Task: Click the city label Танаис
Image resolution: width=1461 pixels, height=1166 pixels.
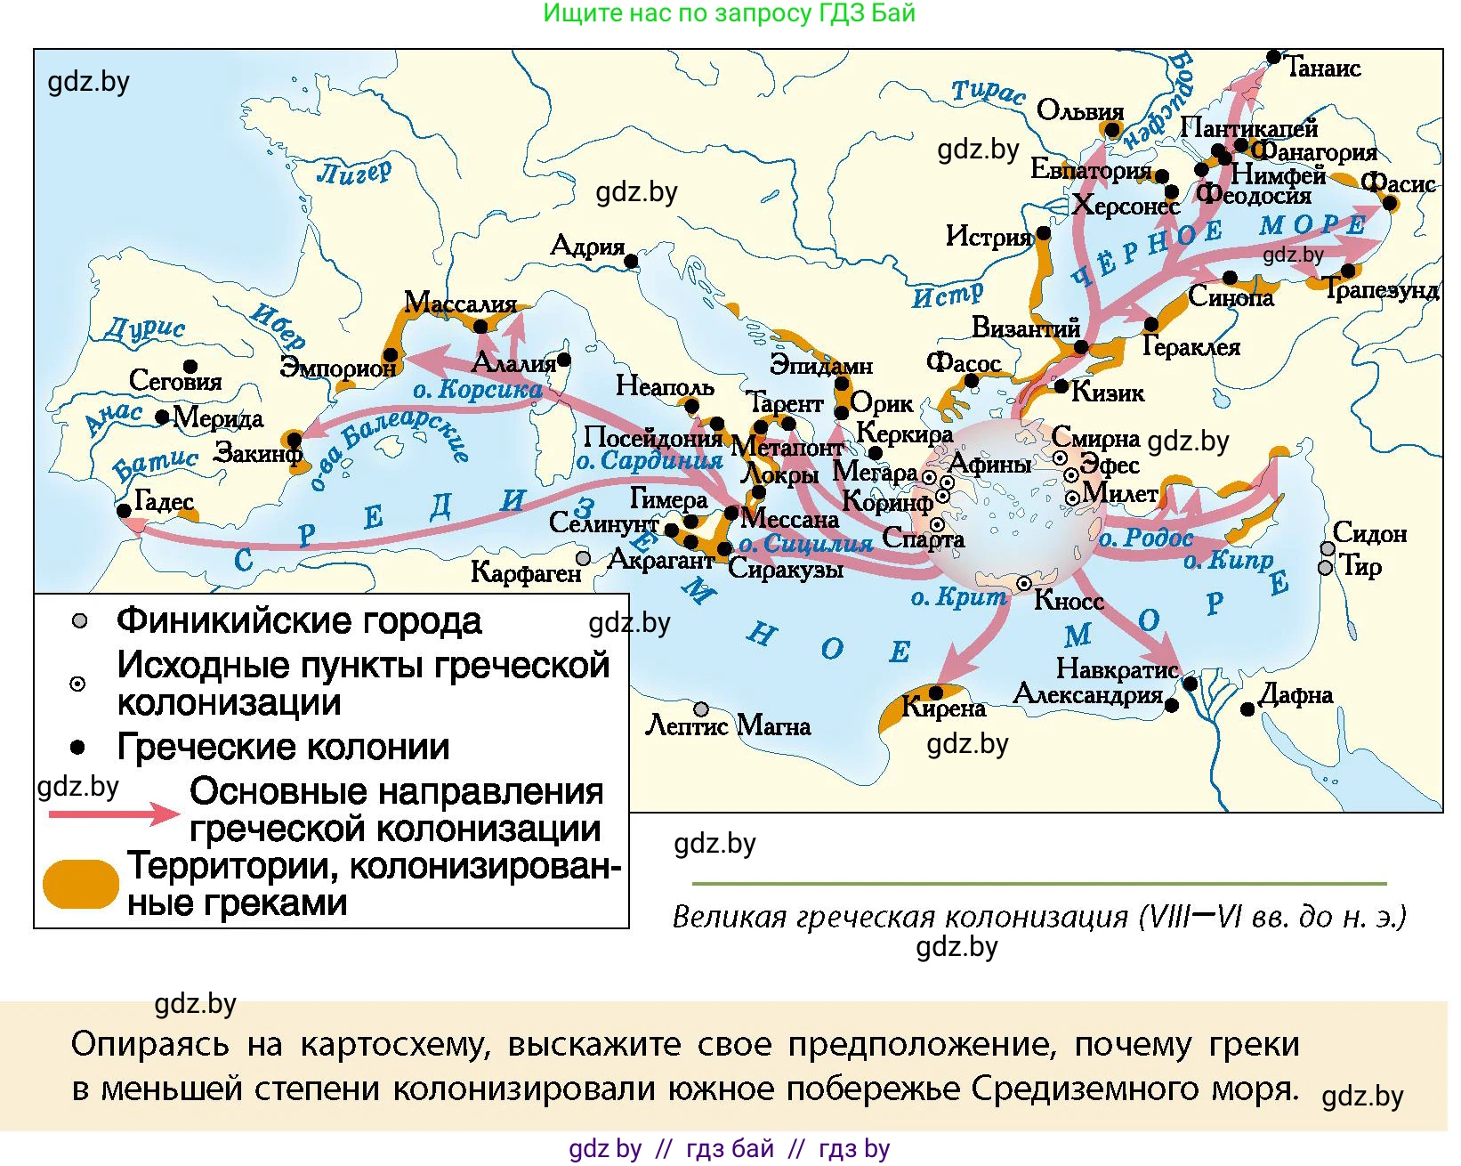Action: pyautogui.click(x=1323, y=68)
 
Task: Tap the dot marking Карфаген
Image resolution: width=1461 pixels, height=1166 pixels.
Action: pyautogui.click(x=583, y=558)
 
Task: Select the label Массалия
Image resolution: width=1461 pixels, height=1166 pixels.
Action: pyautogui.click(x=460, y=303)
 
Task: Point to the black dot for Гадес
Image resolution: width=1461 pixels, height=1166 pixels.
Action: pyautogui.click(x=124, y=511)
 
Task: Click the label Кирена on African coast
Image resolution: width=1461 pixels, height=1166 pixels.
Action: pyautogui.click(x=943, y=709)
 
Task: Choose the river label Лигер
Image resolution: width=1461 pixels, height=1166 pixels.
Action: pyautogui.click(x=354, y=171)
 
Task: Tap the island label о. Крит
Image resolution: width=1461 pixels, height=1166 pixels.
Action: pyautogui.click(x=958, y=597)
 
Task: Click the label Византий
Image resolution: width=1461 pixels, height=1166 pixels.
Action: pyautogui.click(x=1025, y=328)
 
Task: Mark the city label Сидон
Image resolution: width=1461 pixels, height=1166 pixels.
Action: pyautogui.click(x=1369, y=533)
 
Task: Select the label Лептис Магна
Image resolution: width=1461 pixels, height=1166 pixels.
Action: pyautogui.click(x=727, y=726)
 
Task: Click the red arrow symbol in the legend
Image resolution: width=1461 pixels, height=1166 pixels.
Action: pyautogui.click(x=114, y=813)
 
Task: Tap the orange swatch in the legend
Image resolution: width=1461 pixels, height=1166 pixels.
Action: pyautogui.click(x=80, y=883)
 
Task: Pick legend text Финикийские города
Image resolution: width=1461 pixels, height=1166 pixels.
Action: pyautogui.click(x=299, y=621)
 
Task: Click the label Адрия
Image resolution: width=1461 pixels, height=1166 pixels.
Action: pyautogui.click(x=587, y=245)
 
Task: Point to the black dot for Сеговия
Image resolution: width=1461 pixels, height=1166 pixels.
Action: pyautogui.click(x=190, y=366)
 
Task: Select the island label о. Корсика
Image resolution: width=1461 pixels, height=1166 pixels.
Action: pyautogui.click(x=477, y=389)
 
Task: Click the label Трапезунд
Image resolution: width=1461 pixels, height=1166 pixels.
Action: pyautogui.click(x=1380, y=289)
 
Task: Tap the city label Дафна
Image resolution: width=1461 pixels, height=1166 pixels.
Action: pyautogui.click(x=1296, y=694)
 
